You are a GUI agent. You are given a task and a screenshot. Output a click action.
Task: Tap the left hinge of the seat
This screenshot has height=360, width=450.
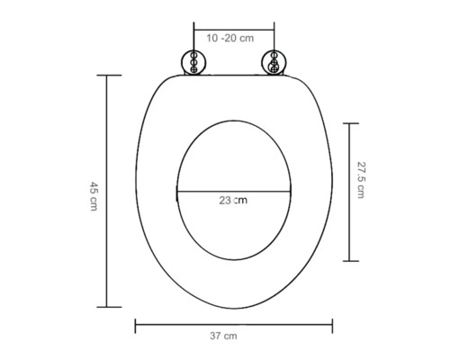tap(193, 62)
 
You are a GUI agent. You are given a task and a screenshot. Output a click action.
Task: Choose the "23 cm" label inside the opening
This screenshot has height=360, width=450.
tap(232, 201)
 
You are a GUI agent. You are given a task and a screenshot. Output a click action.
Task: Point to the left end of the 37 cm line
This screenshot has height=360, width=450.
tap(135, 322)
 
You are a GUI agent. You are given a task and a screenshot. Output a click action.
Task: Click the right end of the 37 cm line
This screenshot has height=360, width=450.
tap(332, 322)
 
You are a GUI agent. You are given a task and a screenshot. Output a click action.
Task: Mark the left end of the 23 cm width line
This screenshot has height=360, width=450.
tap(175, 192)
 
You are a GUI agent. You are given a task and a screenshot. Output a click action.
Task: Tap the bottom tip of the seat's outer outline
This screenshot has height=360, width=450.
tap(232, 309)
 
